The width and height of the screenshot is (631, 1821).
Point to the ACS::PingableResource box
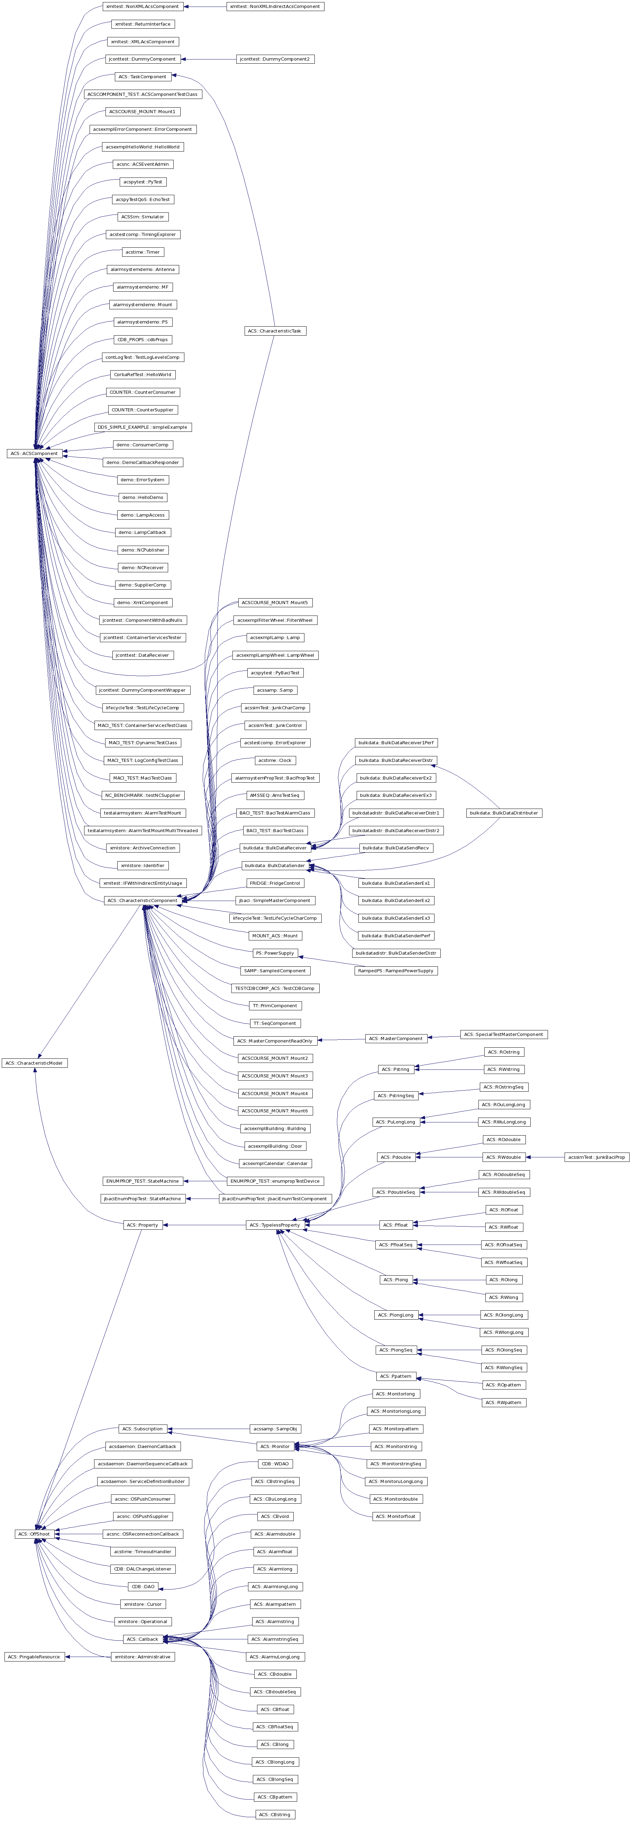(34, 1656)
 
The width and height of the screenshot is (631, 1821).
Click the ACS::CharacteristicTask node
(275, 331)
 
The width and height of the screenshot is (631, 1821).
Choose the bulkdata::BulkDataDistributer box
(504, 813)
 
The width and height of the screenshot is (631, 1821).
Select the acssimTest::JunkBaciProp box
(596, 1157)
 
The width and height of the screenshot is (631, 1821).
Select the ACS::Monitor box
(274, 1446)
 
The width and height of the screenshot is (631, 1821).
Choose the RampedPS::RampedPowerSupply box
(396, 971)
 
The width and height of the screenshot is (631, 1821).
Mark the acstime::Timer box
(143, 252)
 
